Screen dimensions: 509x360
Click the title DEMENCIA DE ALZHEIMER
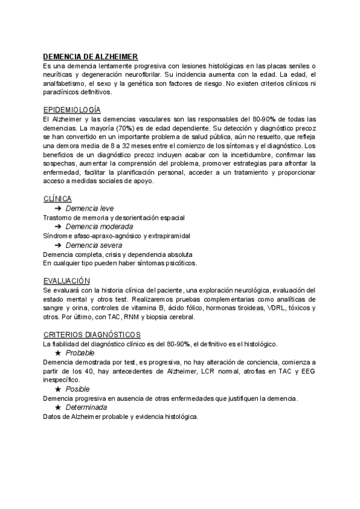pos(91,56)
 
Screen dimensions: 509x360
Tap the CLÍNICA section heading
pos(58,199)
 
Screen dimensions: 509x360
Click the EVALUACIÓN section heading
pos(67,280)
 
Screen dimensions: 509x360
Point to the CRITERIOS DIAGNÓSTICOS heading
pos(92,334)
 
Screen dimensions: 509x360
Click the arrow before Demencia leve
pos(58,208)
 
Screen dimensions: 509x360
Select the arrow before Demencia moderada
pos(58,227)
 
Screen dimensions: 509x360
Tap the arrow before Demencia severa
pos(58,245)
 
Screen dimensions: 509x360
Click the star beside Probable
pos(58,354)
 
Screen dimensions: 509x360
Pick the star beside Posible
pos(58,389)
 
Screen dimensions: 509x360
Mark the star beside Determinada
pos(58,408)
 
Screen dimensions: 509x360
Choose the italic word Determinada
pos(87,408)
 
